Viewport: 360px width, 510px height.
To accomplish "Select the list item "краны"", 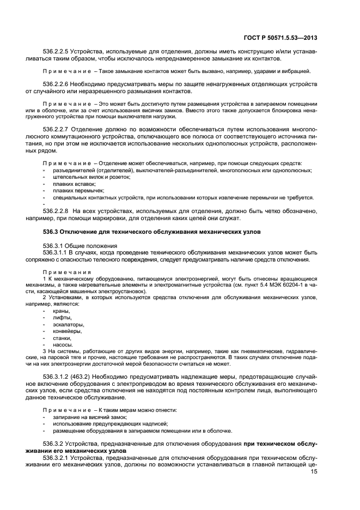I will pyautogui.click(x=61, y=311).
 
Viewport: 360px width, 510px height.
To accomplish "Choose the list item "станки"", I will pyautogui.click(x=62, y=338).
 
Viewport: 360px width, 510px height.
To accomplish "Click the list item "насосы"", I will pyautogui.click(x=63, y=345).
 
